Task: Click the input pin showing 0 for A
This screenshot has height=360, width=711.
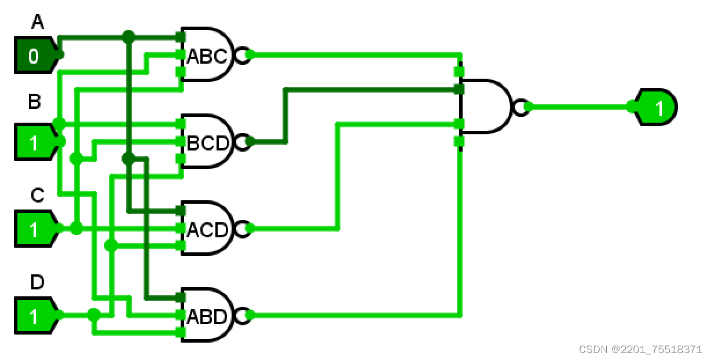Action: click(35, 56)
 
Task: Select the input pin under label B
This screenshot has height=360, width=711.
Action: click(35, 142)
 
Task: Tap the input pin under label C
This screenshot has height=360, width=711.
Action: click(35, 229)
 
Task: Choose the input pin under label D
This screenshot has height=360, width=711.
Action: click(35, 316)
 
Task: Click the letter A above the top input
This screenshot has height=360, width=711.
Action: click(37, 23)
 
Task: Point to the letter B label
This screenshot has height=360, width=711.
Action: click(35, 102)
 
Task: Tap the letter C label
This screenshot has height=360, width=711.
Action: click(37, 196)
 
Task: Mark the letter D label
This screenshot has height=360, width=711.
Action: click(37, 282)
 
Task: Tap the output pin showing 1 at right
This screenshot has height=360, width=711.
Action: click(657, 107)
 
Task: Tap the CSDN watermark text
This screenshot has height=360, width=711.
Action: click(640, 350)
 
